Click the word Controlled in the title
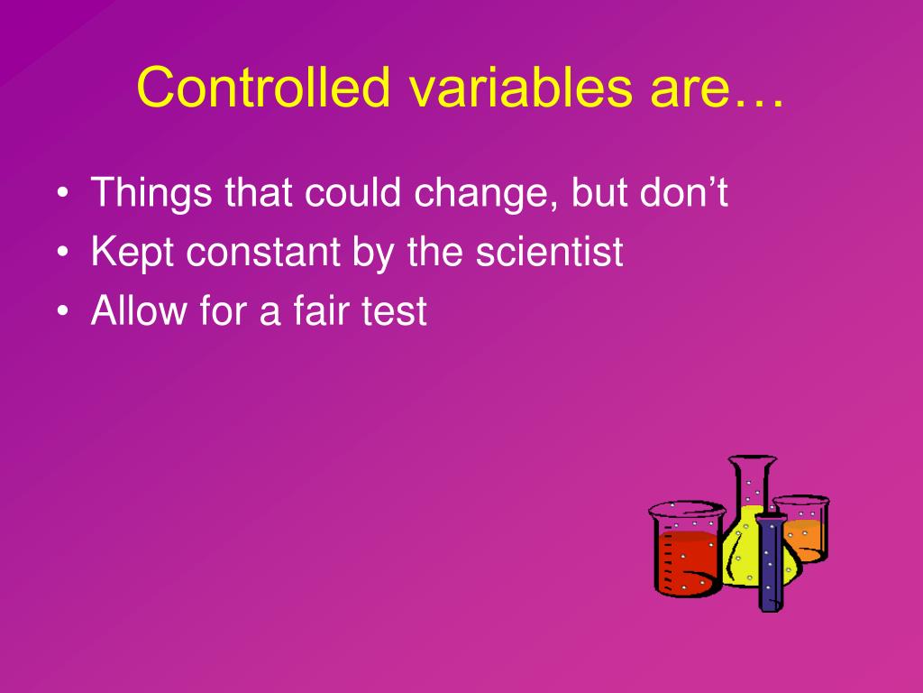[263, 88]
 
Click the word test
[396, 312]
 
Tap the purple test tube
[770, 564]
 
